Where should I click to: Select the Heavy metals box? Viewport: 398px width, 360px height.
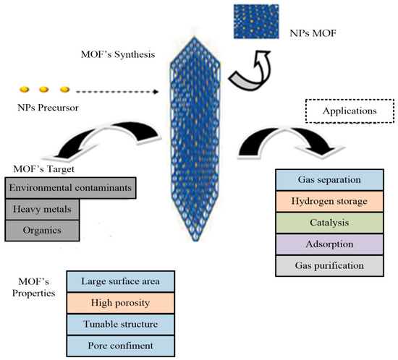(x=41, y=210)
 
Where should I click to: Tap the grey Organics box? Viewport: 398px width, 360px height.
(x=41, y=232)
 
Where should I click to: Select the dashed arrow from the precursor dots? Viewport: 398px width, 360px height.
(x=119, y=92)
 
